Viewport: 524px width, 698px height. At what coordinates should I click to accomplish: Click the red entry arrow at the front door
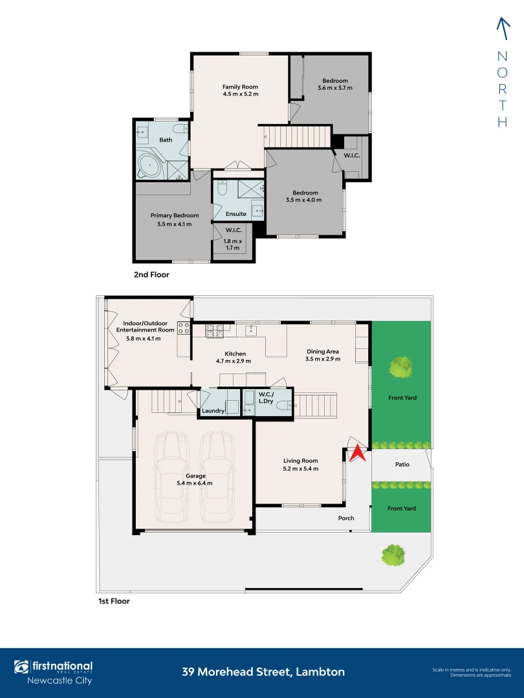pyautogui.click(x=358, y=454)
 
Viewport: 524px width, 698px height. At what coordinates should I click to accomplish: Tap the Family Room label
pyautogui.click(x=240, y=87)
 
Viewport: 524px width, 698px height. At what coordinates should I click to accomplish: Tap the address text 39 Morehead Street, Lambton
pyautogui.click(x=263, y=672)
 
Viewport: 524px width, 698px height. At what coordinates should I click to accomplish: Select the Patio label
pyautogui.click(x=402, y=464)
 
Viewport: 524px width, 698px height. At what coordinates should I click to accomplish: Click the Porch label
pyautogui.click(x=347, y=518)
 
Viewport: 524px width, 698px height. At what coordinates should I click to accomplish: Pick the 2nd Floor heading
pyautogui.click(x=151, y=275)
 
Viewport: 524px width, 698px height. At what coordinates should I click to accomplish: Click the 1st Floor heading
pyautogui.click(x=114, y=601)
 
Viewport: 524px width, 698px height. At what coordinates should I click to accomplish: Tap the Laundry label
pyautogui.click(x=213, y=410)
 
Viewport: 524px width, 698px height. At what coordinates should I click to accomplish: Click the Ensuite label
pyautogui.click(x=235, y=214)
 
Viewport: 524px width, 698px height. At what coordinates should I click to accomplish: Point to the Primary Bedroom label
pyautogui.click(x=175, y=215)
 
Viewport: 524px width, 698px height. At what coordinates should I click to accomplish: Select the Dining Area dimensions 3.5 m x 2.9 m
pyautogui.click(x=323, y=359)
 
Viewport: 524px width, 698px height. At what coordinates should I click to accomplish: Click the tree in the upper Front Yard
pyautogui.click(x=400, y=368)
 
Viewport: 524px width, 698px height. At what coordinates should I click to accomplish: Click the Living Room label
pyautogui.click(x=300, y=461)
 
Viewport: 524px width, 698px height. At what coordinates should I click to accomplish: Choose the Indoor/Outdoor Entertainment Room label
pyautogui.click(x=146, y=326)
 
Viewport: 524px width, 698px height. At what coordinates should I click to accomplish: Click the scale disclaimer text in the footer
pyautogui.click(x=472, y=672)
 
